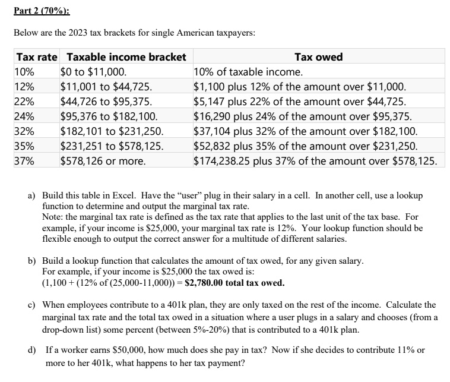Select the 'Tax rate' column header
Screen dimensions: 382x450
tap(37, 57)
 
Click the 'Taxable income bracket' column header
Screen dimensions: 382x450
tap(126, 57)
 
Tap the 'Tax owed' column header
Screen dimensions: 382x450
tap(318, 57)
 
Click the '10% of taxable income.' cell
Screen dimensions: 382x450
tap(248, 72)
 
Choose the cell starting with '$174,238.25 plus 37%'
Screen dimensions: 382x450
tap(315, 160)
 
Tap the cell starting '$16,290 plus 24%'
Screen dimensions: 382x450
tap(302, 116)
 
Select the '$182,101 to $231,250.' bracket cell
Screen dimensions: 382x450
tap(112, 131)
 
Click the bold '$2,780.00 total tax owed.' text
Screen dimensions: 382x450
tap(234, 282)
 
